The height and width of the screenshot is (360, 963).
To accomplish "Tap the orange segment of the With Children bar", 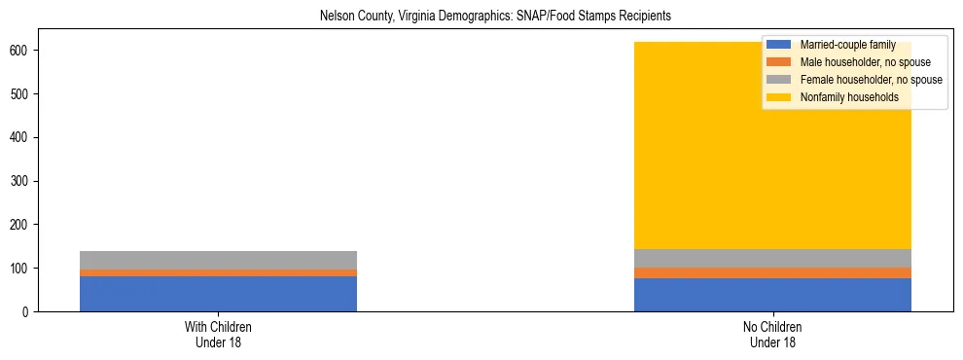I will click(218, 273).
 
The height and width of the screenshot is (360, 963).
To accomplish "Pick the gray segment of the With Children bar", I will click(218, 260).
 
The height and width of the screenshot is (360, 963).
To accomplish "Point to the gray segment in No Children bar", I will click(772, 258).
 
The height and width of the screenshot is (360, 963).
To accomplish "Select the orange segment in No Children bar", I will click(772, 273).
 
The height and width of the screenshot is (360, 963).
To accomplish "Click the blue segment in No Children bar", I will click(772, 295).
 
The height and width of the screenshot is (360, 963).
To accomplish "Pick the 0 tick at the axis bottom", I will click(29, 311).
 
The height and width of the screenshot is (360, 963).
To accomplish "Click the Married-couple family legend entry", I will click(847, 45).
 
